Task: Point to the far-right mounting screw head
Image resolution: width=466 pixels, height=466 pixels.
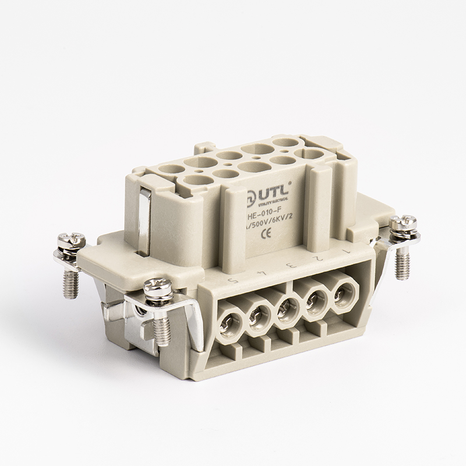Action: click(x=403, y=223)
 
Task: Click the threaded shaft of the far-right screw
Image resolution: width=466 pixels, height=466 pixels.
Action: click(x=402, y=260)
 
